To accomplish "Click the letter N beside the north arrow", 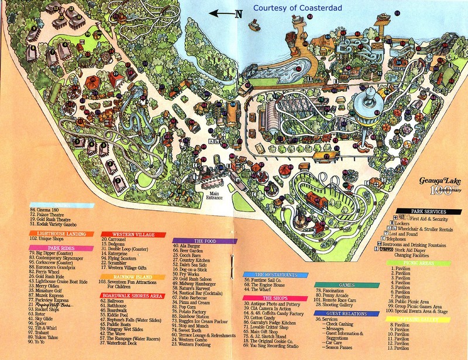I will [x=239, y=14].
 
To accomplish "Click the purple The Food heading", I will [x=205, y=240].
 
